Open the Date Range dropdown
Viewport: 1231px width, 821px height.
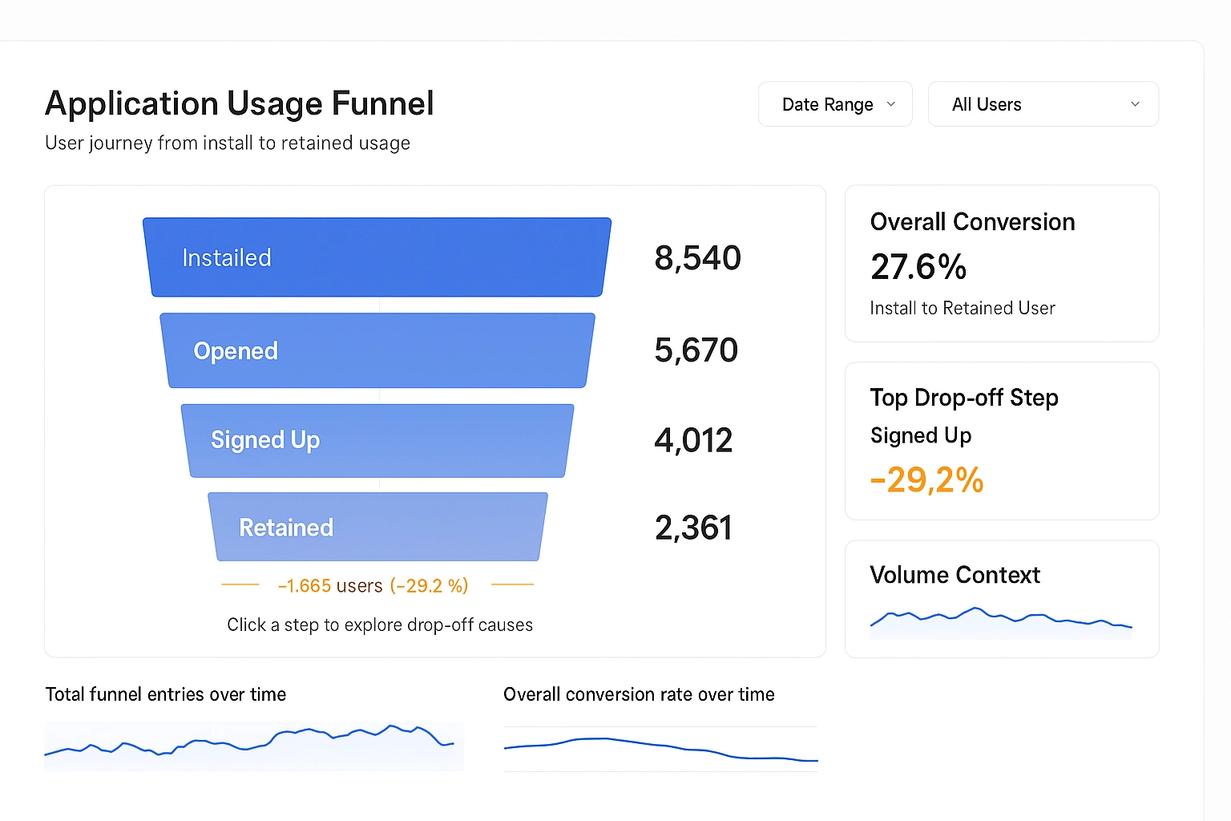pos(835,104)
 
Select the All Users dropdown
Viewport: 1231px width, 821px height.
pos(1043,104)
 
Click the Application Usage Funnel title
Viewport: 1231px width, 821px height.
pos(240,103)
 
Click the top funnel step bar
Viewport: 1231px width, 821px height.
pos(377,257)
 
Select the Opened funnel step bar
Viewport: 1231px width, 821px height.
pos(377,350)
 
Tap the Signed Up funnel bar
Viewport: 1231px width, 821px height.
pos(377,440)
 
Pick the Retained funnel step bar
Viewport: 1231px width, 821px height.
pos(377,527)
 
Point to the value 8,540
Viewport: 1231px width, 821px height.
pos(697,258)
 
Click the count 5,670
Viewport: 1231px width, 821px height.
pos(696,350)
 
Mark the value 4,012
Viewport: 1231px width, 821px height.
pos(693,440)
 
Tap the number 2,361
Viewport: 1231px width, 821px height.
pos(693,528)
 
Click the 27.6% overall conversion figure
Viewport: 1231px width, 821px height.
pos(918,267)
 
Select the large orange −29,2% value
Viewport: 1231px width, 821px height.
pos(926,479)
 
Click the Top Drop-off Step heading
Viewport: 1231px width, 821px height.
pos(964,398)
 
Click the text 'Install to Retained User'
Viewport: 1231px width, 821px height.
pos(963,308)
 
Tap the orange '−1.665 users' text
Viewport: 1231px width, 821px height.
pos(330,586)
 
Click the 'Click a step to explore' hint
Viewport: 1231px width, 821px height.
pos(380,625)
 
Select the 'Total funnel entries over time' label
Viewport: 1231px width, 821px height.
pos(166,694)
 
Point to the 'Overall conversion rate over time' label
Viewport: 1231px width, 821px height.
pos(639,694)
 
